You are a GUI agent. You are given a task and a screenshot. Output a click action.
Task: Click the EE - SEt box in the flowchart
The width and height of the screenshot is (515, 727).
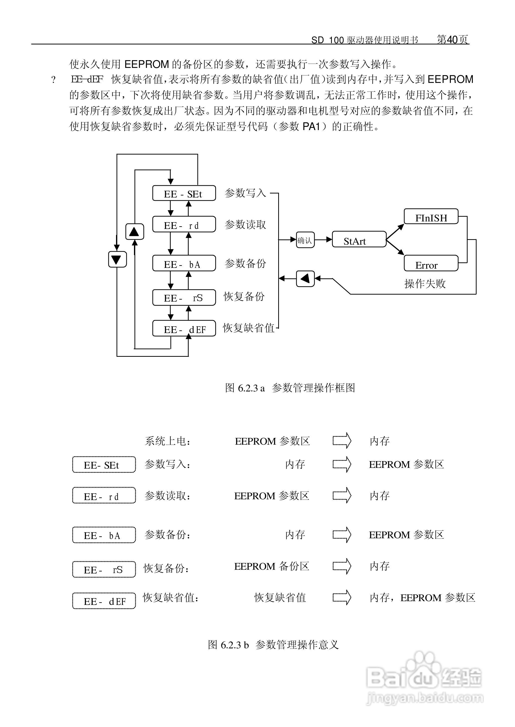[x=184, y=193]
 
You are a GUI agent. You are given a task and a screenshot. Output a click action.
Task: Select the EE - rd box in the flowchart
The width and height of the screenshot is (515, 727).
[x=184, y=224]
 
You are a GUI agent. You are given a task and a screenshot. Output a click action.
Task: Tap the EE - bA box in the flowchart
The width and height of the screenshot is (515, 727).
[x=184, y=263]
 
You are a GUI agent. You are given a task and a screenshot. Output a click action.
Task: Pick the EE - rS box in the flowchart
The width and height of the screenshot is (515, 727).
[x=184, y=298]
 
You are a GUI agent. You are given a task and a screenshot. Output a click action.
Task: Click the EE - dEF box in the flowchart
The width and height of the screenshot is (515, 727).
[x=184, y=329]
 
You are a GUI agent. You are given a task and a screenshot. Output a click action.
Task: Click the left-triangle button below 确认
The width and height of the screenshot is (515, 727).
[x=305, y=279]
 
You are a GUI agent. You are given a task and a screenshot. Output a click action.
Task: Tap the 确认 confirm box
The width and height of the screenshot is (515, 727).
[x=305, y=240]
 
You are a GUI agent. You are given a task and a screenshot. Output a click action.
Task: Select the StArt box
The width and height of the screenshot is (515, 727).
[x=359, y=240]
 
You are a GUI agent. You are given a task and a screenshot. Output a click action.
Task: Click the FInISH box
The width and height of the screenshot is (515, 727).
[x=431, y=217]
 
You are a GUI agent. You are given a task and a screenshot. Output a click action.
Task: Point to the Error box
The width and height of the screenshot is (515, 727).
[x=431, y=263]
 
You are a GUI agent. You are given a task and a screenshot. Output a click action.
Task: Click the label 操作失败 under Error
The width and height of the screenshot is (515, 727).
[x=425, y=284]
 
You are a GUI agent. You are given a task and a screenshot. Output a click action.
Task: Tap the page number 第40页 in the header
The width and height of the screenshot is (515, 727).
[x=453, y=39]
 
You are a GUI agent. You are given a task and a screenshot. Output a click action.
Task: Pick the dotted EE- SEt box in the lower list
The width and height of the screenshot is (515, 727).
[x=104, y=465]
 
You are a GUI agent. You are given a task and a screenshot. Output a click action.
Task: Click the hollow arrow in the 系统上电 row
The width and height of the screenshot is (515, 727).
[x=342, y=440]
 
